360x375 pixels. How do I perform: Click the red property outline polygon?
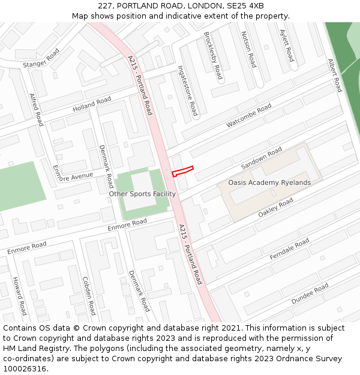182,171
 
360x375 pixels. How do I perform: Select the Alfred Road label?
37,109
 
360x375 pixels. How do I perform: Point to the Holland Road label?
92,104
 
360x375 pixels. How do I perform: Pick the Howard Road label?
19,296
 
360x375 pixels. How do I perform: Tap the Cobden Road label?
89,295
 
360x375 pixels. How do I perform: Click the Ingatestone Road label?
188,91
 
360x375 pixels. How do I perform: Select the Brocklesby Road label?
213,56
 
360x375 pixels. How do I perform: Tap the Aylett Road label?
287,46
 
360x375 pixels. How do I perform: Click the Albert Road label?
334,75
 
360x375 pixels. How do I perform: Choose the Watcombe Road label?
248,116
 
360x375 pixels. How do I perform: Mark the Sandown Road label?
261,158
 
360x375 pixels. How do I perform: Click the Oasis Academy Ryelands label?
269,182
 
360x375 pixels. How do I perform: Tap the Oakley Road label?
275,208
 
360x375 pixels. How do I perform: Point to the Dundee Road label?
310,293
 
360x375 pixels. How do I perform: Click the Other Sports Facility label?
142,194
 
